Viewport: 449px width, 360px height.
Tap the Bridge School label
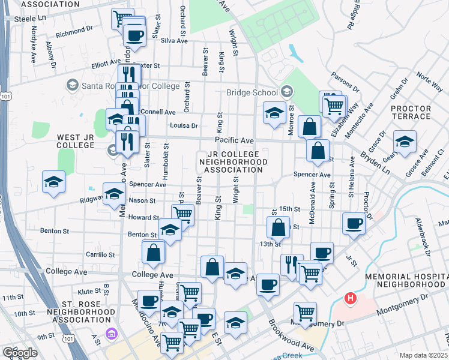[x=252, y=92]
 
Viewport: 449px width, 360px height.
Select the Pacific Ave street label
[x=234, y=140]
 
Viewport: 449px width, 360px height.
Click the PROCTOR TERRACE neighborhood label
[x=411, y=112]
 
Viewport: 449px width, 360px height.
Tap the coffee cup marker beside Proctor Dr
[x=354, y=224]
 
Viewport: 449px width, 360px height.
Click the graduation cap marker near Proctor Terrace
[x=405, y=142]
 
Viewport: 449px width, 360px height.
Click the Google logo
[x=20, y=352]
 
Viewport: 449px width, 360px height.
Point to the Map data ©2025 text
[x=423, y=355]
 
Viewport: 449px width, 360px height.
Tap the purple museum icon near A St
[x=110, y=334]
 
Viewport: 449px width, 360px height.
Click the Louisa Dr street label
[x=184, y=125]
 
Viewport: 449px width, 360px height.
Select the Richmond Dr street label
[x=74, y=28]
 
